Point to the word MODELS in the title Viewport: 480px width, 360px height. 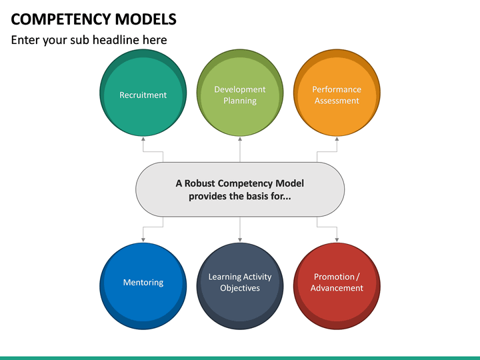click(149, 19)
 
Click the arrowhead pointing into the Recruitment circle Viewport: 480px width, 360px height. click(143, 139)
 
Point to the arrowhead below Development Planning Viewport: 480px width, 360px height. click(240, 139)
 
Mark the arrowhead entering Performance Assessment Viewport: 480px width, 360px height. click(337, 139)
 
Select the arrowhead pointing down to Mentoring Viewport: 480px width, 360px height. click(143, 239)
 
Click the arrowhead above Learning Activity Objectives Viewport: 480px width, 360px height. click(240, 239)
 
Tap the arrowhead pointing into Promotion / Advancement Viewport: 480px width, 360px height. click(337, 239)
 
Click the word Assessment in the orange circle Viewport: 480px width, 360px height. click(337, 101)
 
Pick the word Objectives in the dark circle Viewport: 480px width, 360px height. click(240, 288)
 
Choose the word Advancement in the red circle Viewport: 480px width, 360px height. click(337, 288)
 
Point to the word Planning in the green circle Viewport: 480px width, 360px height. click(240, 101)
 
